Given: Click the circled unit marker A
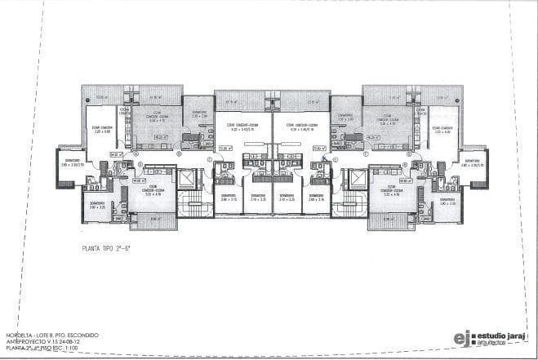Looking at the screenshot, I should click(x=136, y=153).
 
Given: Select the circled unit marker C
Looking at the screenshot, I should click(x=210, y=158).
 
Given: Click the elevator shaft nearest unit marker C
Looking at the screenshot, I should click(x=189, y=180).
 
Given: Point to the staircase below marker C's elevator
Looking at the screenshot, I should click(x=193, y=206).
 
